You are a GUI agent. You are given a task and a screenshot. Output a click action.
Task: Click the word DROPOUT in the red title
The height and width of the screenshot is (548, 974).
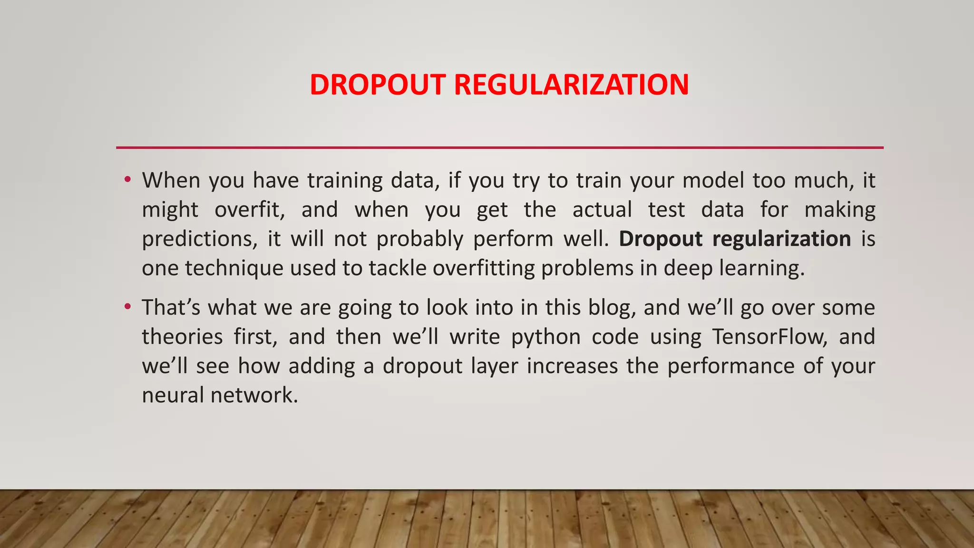(378, 85)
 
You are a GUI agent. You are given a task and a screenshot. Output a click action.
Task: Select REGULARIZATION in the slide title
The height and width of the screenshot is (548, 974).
(571, 85)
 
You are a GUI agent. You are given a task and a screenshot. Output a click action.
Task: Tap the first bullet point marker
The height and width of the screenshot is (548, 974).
(127, 180)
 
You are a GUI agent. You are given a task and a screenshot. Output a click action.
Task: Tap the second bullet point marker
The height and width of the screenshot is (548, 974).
(127, 307)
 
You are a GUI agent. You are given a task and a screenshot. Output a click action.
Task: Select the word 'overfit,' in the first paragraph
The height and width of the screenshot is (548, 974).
(249, 210)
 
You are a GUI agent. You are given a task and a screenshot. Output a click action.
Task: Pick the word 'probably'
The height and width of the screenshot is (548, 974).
(420, 239)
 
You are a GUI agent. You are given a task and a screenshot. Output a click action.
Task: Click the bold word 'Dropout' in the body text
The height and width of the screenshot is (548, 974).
(660, 239)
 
